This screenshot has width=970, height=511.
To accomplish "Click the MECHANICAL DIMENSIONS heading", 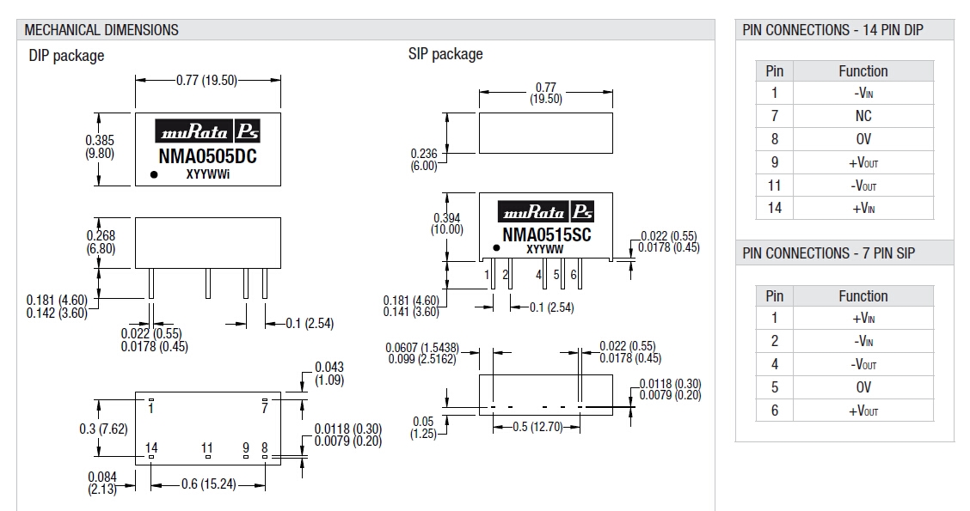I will pos(101,30).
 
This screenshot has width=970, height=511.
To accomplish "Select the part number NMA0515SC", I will pos(546,235).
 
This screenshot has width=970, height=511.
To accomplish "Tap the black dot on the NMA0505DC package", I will pos(154,174).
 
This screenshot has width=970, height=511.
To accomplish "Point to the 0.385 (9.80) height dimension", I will pos(100,147).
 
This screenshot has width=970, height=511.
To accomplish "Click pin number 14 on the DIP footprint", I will pos(151,447).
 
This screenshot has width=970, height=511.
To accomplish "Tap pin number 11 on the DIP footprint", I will pos(206,447).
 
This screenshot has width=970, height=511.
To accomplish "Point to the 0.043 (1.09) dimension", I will pos(329,373).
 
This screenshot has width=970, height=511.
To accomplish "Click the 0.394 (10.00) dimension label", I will pos(447,223).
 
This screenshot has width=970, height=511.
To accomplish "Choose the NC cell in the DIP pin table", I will pos(863,116).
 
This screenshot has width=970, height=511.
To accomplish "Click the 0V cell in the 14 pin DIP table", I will pos(863,139).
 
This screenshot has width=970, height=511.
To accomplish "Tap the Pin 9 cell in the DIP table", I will pos(774,162).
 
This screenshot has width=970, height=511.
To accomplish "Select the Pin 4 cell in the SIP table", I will pos(774,364).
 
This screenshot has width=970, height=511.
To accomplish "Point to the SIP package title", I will pos(445,54).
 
